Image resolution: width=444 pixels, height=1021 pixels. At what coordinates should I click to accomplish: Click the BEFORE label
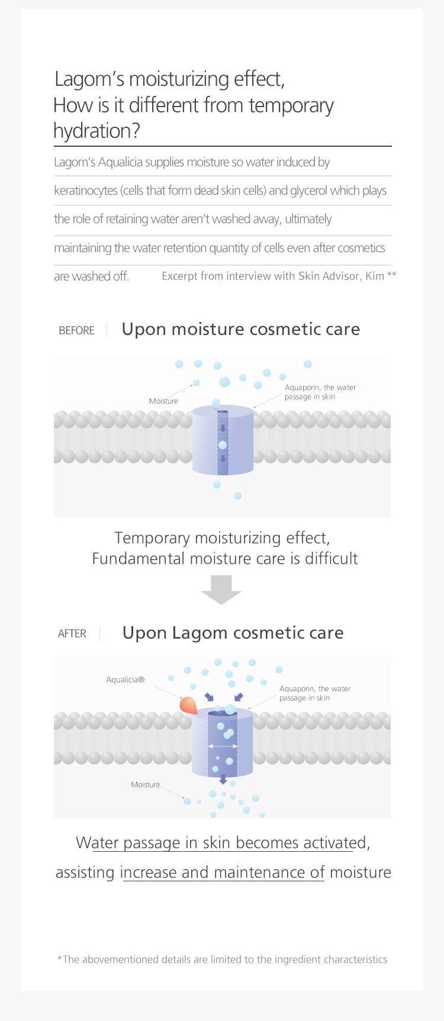pyautogui.click(x=76, y=330)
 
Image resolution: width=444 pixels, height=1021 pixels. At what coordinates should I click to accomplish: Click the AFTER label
pyautogui.click(x=72, y=634)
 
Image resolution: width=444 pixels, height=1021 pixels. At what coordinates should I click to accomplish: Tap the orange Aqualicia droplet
pyautogui.click(x=189, y=704)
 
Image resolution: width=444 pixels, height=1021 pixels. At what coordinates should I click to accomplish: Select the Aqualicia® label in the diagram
pyautogui.click(x=126, y=680)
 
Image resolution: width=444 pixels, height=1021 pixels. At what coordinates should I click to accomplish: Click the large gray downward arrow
pyautogui.click(x=221, y=590)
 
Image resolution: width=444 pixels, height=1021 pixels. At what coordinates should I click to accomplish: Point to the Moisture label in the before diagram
pyautogui.click(x=163, y=401)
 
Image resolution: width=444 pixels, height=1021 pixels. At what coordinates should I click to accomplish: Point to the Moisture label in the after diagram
pyautogui.click(x=146, y=785)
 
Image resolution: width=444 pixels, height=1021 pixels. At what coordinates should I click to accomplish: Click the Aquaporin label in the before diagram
pyautogui.click(x=320, y=392)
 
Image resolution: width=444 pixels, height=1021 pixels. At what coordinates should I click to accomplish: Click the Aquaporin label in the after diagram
pyautogui.click(x=315, y=693)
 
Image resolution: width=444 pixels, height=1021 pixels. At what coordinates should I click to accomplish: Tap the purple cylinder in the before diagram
pyautogui.click(x=223, y=440)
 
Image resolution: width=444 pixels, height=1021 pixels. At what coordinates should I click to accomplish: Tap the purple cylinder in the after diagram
pyautogui.click(x=223, y=743)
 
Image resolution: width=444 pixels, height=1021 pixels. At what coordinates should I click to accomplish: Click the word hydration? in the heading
pyautogui.click(x=96, y=131)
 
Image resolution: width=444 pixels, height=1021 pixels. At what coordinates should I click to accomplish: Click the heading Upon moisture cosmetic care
pyautogui.click(x=241, y=329)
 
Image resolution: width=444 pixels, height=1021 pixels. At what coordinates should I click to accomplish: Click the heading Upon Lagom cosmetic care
pyautogui.click(x=233, y=633)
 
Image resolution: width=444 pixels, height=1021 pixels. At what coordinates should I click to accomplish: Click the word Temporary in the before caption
pyautogui.click(x=152, y=538)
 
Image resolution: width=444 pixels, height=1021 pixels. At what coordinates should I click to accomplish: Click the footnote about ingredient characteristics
pyautogui.click(x=222, y=959)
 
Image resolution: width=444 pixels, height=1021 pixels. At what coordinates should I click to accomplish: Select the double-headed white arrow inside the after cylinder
pyautogui.click(x=223, y=747)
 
